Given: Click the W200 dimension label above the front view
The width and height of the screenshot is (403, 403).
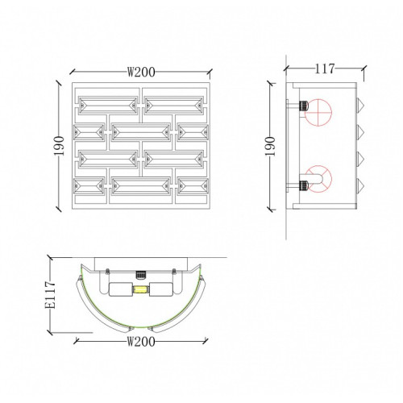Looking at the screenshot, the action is click(x=141, y=72).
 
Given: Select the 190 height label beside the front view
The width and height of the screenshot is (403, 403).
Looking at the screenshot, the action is click(x=59, y=146).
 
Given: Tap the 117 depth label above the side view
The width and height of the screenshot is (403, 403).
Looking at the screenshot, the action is click(x=325, y=69).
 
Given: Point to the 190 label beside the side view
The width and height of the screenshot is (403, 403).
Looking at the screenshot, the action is click(x=270, y=147).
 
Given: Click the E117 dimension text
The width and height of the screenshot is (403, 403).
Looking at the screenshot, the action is click(x=50, y=295).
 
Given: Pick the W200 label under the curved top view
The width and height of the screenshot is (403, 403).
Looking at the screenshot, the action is click(x=141, y=342).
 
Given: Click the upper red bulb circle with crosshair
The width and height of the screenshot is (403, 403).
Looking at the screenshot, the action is click(x=318, y=112).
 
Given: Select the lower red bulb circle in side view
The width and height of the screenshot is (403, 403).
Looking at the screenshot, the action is click(x=318, y=179).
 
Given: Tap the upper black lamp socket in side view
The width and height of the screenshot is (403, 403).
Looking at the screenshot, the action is click(x=303, y=106).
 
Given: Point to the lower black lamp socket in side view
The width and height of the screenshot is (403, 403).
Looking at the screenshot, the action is click(x=303, y=185).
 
